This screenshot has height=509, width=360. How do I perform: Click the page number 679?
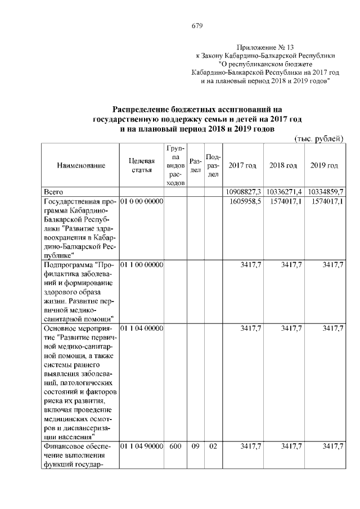tap(196, 25)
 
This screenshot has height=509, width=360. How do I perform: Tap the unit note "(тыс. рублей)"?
tap(319, 138)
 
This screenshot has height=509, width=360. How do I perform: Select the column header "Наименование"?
tap(81, 165)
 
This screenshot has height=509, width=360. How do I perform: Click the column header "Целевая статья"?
tap(141, 165)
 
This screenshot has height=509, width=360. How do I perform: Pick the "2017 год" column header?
tap(242, 165)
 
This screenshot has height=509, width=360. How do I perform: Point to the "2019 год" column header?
tap(324, 165)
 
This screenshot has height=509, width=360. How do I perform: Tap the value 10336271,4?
tap(284, 192)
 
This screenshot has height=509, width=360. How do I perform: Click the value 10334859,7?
tap(325, 192)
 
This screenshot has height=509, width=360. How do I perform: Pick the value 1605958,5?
tap(245, 201)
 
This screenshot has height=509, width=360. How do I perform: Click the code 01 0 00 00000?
tap(141, 201)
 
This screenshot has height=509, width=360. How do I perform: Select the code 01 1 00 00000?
tap(141, 264)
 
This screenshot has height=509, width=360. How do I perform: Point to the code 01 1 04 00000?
tap(141, 327)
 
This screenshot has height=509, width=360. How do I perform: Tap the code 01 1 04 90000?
tap(141, 445)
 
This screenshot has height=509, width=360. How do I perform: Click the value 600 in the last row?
tap(175, 445)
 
